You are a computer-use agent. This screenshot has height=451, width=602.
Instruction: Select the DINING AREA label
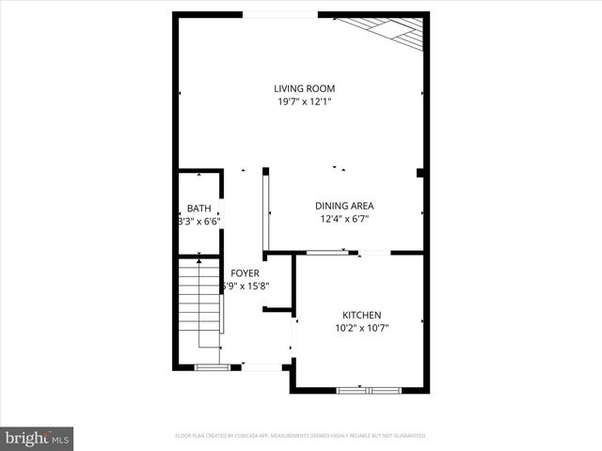pyautogui.click(x=344, y=206)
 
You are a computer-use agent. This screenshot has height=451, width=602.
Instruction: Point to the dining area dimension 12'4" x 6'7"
pyautogui.click(x=344, y=219)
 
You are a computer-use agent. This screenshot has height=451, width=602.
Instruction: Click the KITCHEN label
pyautogui.click(x=362, y=316)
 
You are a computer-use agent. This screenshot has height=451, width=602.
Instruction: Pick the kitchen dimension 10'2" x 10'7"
pyautogui.click(x=362, y=328)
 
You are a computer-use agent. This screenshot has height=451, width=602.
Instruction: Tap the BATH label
pyautogui.click(x=198, y=209)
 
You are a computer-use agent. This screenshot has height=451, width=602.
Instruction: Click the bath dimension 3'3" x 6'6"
pyautogui.click(x=198, y=222)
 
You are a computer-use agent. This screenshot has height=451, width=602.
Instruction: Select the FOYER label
pyautogui.click(x=245, y=273)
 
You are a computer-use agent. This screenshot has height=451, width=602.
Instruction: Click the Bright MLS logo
pyautogui.click(x=38, y=438)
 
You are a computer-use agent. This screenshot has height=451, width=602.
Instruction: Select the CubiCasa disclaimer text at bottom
pyautogui.click(x=300, y=436)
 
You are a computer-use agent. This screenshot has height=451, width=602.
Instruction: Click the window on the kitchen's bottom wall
pyautogui.click(x=369, y=389)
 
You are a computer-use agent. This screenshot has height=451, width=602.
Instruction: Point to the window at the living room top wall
pyautogui.click(x=280, y=14)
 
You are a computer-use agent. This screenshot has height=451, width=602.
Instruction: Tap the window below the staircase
pyautogui.click(x=212, y=367)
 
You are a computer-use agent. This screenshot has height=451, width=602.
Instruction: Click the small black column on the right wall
pyautogui.click(x=420, y=172)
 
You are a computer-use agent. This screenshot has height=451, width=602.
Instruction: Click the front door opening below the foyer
pyautogui.click(x=262, y=367)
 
